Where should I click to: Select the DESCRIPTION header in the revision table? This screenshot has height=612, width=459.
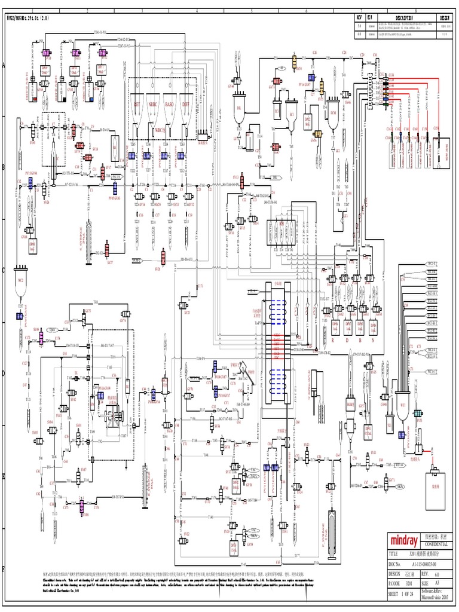tap(410, 18)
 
